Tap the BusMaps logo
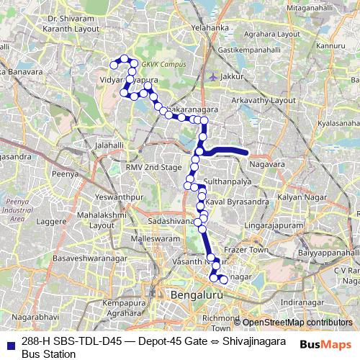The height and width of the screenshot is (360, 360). coord(326,343)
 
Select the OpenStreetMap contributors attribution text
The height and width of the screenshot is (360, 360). coord(297,323)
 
